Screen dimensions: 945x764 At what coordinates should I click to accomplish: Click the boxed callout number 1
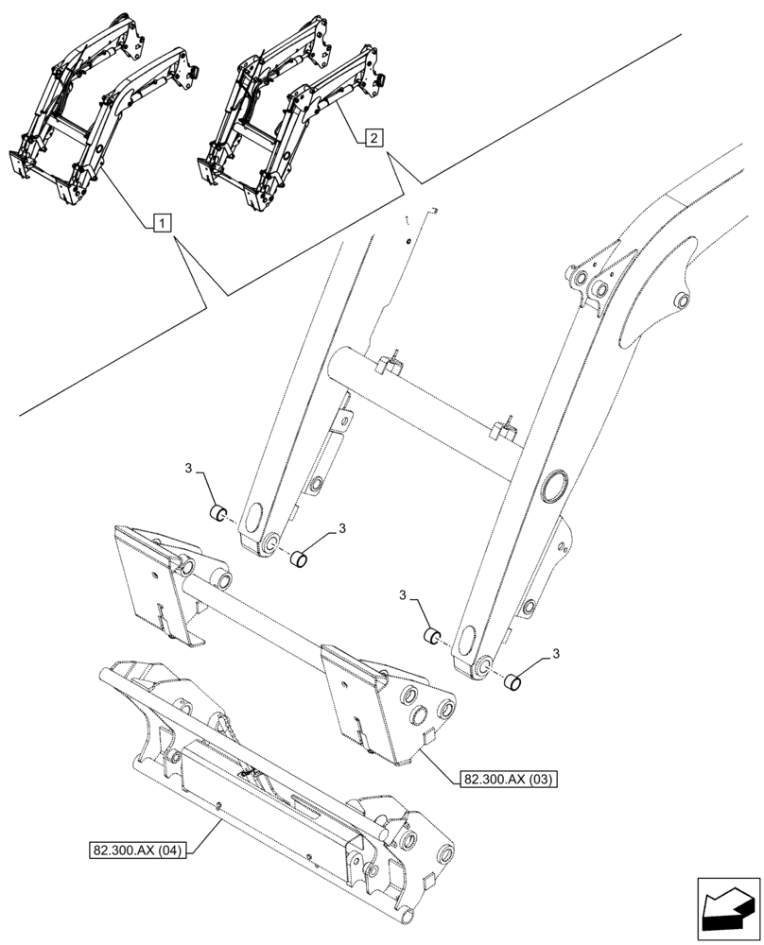[x=162, y=223]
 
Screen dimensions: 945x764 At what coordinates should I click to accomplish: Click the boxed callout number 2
[x=373, y=138]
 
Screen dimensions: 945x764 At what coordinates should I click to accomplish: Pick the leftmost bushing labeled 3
[x=217, y=514]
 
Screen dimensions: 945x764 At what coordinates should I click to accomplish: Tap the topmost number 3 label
[x=188, y=469]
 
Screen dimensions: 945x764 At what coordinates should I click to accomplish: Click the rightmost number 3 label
[x=555, y=653]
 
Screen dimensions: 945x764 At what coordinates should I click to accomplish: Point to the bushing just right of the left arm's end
[x=300, y=558]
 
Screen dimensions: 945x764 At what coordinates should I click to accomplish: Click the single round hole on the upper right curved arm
[x=679, y=301]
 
